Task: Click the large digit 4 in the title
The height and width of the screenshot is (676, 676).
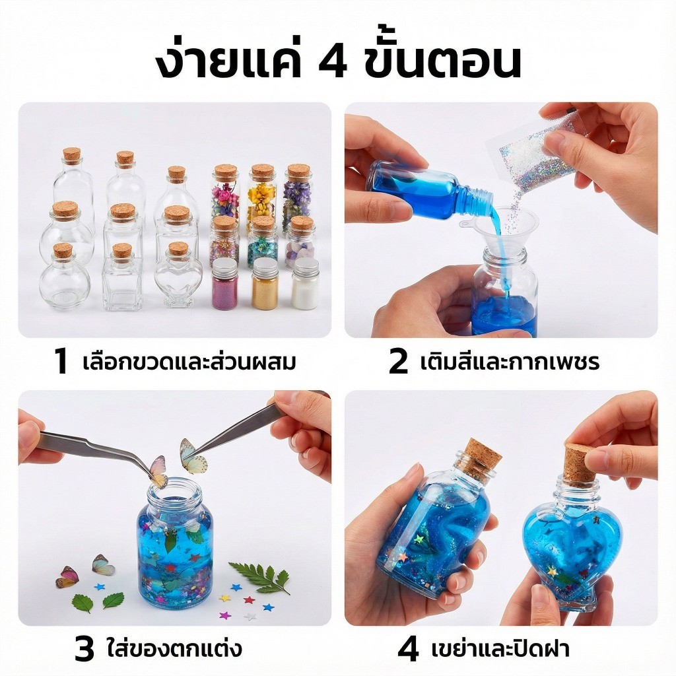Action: coord(332,63)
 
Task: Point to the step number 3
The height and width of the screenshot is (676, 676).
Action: coord(84,650)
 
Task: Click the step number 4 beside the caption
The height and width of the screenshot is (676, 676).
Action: coord(408,650)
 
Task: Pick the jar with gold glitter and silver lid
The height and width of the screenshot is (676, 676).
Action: coord(265,284)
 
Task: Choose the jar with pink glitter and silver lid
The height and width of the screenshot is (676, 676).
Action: coord(224,284)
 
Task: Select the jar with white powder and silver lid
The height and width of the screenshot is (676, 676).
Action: coord(305,284)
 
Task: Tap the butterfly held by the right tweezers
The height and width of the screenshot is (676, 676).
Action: coord(193,456)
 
